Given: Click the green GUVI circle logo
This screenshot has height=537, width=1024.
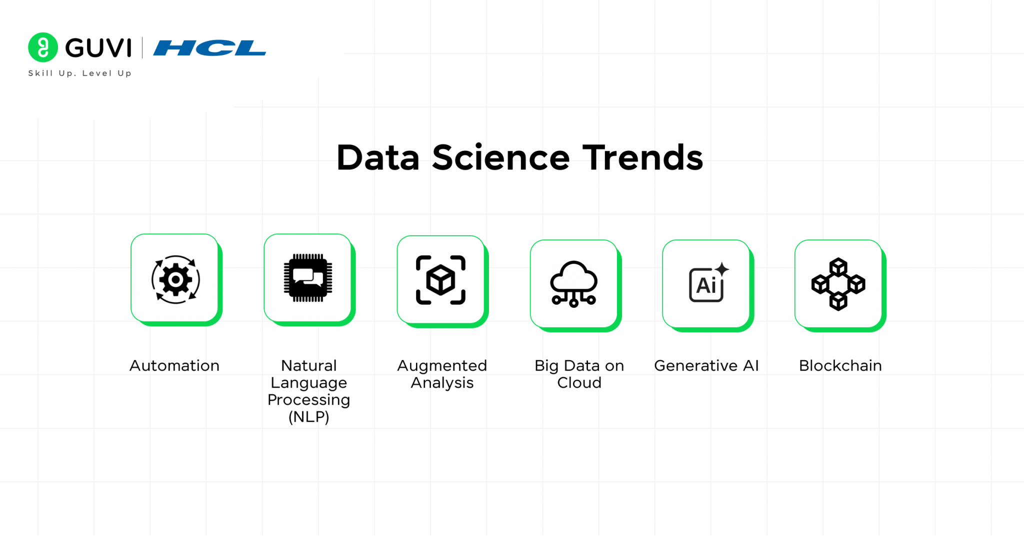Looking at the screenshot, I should click(x=43, y=47).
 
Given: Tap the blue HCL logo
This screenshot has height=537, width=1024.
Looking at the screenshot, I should click(x=209, y=48).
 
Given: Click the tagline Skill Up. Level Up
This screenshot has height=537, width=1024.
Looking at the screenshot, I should click(x=80, y=73).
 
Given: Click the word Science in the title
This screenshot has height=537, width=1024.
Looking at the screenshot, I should click(x=500, y=158).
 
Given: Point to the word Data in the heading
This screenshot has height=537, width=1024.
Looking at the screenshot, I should click(x=378, y=158).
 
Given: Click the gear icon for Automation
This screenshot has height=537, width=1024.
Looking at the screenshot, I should click(x=175, y=279).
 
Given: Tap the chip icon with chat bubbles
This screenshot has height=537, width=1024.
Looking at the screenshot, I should click(x=308, y=278).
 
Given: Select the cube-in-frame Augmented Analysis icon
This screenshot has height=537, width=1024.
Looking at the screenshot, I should click(x=440, y=280).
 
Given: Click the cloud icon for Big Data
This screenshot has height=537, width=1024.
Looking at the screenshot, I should click(x=573, y=283).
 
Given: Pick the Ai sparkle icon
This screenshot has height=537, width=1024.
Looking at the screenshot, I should click(x=708, y=283).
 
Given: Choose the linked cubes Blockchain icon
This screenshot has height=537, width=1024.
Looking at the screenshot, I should click(x=838, y=284).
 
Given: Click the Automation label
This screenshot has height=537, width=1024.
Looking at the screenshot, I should click(x=174, y=366).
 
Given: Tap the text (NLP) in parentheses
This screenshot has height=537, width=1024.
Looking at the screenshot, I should click(x=309, y=417).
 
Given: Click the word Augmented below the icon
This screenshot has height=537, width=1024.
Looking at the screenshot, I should click(x=442, y=366).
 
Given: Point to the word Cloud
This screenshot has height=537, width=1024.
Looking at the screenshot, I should click(x=579, y=383).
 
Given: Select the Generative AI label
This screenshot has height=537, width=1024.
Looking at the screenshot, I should click(x=706, y=366).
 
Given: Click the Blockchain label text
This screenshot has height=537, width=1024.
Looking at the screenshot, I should click(x=840, y=366).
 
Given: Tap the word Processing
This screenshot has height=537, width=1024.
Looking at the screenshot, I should click(x=309, y=400).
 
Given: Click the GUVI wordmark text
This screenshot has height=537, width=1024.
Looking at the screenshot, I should click(x=98, y=48).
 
